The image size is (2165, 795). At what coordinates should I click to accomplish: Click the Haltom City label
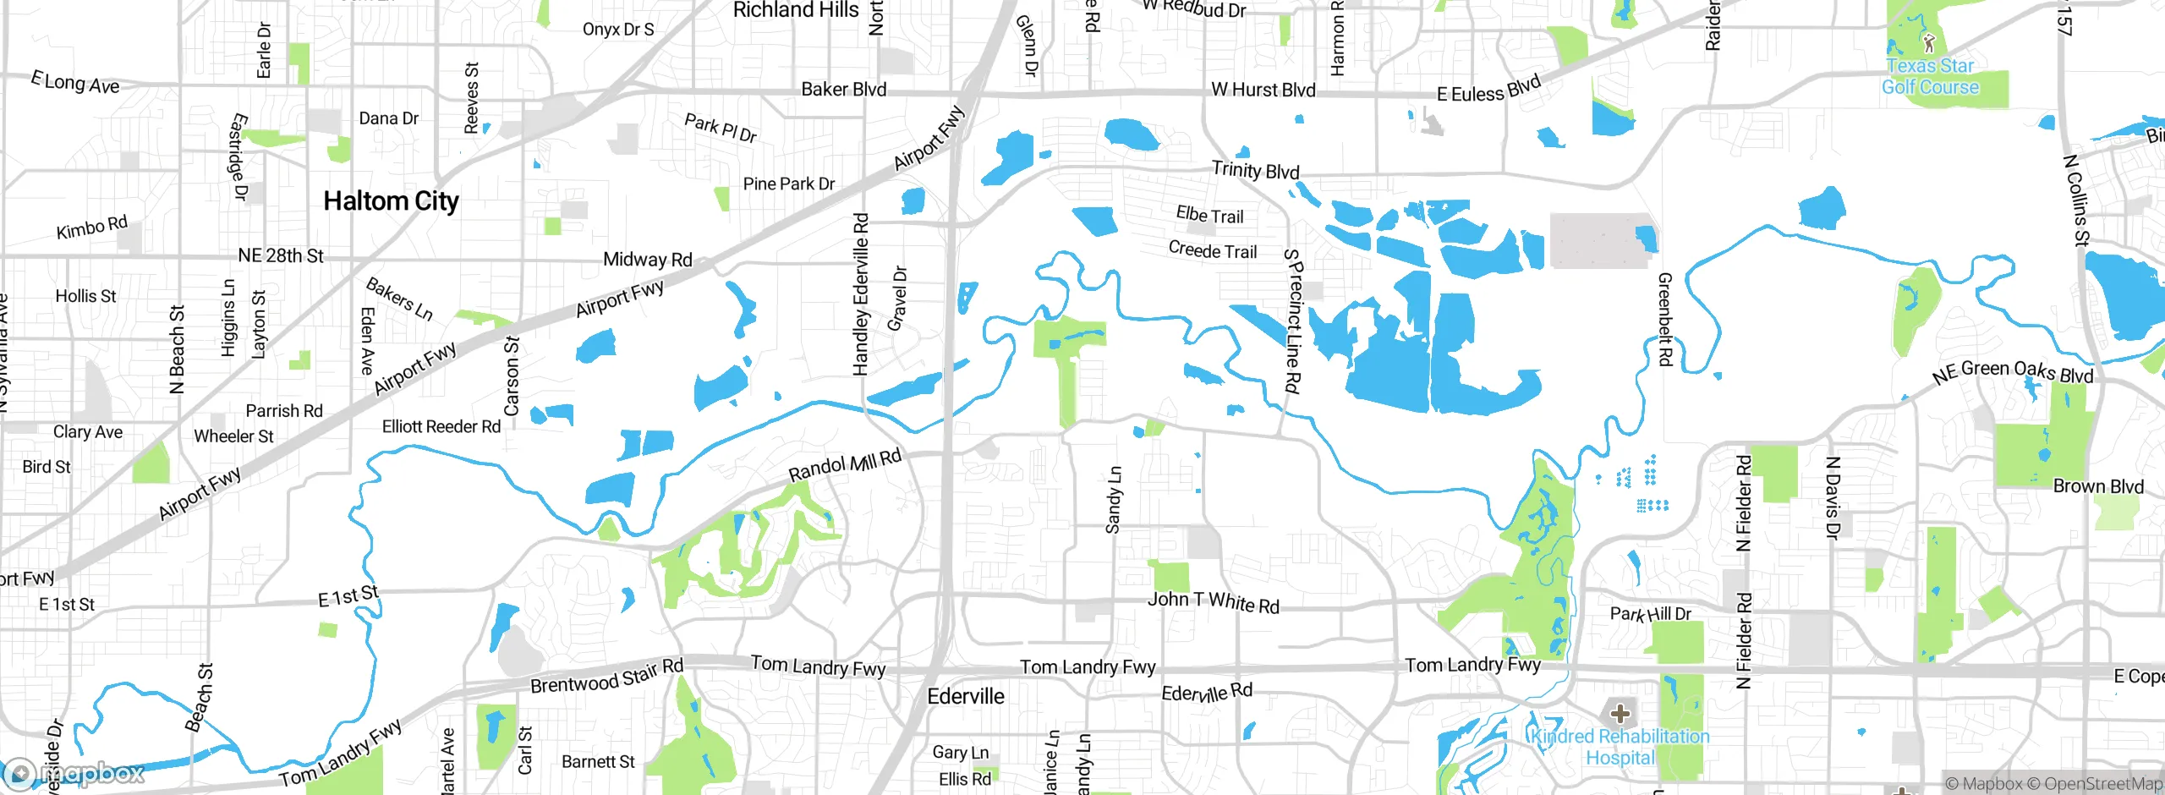click(x=391, y=201)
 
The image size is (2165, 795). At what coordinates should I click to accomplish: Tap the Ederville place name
click(x=966, y=696)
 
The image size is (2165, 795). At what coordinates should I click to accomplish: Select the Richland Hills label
click(x=795, y=10)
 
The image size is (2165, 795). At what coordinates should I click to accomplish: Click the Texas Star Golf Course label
click(x=1930, y=76)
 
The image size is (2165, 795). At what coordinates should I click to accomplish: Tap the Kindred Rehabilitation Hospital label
click(x=1620, y=747)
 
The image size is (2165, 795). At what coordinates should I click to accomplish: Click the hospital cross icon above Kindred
click(x=1620, y=713)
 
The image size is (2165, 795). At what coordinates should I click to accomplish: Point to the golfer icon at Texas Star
click(x=1929, y=42)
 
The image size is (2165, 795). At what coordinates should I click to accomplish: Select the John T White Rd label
click(x=1213, y=602)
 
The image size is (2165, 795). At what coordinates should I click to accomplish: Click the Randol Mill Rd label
click(x=845, y=465)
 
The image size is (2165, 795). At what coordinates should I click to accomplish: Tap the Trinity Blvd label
click(x=1255, y=170)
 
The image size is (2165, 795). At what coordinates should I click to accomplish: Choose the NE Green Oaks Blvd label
click(x=2013, y=372)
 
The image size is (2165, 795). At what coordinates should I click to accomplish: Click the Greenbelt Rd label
click(x=1664, y=319)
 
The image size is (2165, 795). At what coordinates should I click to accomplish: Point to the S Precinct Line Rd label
click(x=1292, y=321)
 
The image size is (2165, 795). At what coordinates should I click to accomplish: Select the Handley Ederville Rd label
click(x=861, y=294)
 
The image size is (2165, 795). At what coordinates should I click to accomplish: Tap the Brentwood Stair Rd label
click(x=606, y=676)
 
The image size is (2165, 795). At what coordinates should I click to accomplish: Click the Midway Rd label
click(x=647, y=260)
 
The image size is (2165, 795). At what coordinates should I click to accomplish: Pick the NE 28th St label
click(x=281, y=255)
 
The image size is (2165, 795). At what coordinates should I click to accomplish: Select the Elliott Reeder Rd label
click(x=441, y=426)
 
